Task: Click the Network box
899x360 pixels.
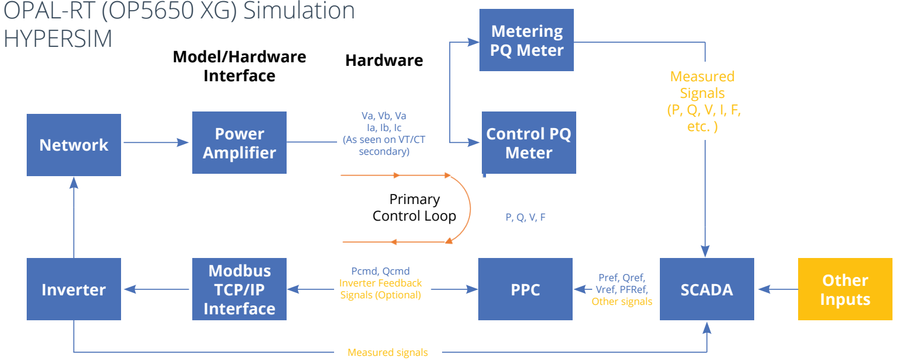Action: click(74, 145)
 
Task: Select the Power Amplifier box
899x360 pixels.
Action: click(239, 143)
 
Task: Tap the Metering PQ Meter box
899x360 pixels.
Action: click(526, 40)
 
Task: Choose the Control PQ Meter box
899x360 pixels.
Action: click(528, 143)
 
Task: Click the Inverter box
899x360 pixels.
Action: click(74, 289)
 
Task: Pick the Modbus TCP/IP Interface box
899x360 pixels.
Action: click(239, 289)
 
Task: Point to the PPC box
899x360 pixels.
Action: click(525, 289)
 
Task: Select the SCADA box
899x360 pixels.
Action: click(707, 289)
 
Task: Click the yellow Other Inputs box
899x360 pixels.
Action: click(845, 289)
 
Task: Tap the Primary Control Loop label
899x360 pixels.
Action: click(414, 208)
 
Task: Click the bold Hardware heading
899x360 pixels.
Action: click(384, 60)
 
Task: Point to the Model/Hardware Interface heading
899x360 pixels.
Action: click(239, 66)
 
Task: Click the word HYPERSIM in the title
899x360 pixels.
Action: click(58, 38)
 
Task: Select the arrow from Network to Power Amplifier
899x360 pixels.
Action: click(156, 142)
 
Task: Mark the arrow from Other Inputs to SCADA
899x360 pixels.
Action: click(776, 289)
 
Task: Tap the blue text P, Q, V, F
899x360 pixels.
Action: click(525, 218)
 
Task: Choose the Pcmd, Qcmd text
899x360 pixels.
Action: click(380, 271)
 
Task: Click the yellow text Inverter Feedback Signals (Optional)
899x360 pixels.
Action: click(380, 289)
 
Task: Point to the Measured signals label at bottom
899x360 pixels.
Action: click(387, 352)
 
